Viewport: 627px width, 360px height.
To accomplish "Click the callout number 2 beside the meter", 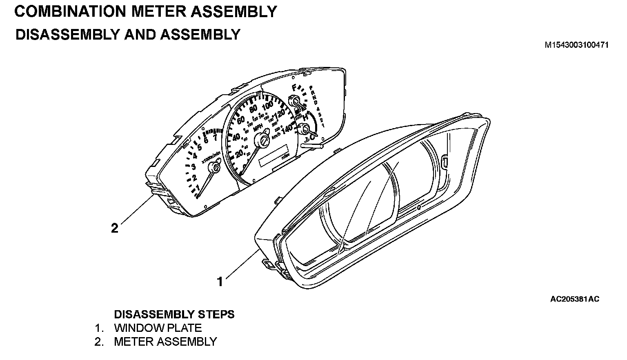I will [x=115, y=228].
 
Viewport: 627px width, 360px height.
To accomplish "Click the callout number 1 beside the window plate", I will [x=220, y=282].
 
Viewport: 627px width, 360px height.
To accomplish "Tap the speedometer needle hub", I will [x=261, y=141].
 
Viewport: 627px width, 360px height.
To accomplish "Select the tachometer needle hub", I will [x=214, y=167].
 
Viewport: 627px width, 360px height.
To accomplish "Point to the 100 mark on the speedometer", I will [x=267, y=106].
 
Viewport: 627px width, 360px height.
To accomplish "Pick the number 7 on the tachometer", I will [x=215, y=138].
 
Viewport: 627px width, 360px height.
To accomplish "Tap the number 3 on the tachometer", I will [x=194, y=167].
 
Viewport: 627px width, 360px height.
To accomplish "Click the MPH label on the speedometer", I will [x=258, y=128].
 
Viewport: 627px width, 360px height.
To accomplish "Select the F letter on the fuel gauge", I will [x=294, y=87].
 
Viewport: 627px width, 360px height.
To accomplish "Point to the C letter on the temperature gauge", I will [x=312, y=138].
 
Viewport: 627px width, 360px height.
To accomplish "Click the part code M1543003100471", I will [x=576, y=45].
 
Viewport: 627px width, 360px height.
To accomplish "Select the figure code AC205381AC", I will [x=575, y=299].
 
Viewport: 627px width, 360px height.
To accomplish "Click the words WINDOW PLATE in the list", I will [x=158, y=328].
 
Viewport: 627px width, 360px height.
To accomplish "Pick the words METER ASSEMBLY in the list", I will [x=165, y=342].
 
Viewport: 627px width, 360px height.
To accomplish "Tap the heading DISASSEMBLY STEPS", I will [x=174, y=314].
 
